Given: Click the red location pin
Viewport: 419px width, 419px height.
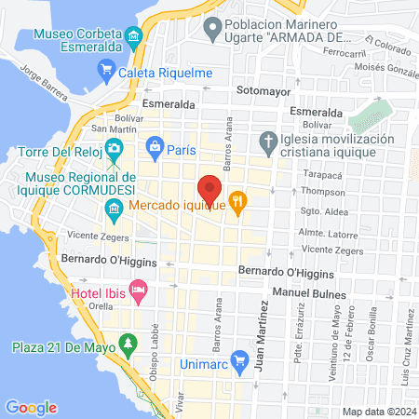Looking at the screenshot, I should click(209, 189).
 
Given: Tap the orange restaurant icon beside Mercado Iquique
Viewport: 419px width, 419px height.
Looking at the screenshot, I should click(238, 200).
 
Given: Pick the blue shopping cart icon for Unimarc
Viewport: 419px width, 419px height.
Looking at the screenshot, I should click(239, 358).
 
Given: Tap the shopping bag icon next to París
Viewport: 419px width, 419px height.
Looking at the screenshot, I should click(155, 146).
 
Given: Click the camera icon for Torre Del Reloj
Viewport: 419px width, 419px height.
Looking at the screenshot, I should click(114, 147).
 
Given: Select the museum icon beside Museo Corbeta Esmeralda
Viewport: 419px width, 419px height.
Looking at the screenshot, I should click(136, 38).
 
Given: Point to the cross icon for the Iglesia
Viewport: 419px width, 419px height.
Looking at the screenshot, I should click(268, 142).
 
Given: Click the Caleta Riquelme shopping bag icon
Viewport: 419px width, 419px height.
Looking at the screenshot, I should click(106, 71).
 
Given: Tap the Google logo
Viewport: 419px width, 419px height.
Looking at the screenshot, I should click(31, 407).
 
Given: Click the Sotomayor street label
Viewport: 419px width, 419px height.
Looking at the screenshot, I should click(264, 92).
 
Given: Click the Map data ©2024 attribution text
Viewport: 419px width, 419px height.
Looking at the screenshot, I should click(378, 411).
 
